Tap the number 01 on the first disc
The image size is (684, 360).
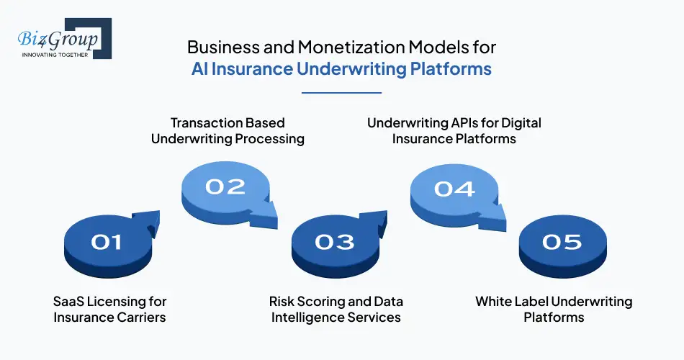point(107,242)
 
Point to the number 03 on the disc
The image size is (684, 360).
point(335,242)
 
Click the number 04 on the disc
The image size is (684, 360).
point(454,189)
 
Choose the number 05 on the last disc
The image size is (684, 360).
point(562,242)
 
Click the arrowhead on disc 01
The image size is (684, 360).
point(149,220)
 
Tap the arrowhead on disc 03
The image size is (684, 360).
point(377,220)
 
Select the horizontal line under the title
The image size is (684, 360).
point(341,92)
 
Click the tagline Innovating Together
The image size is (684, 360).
point(55,55)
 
